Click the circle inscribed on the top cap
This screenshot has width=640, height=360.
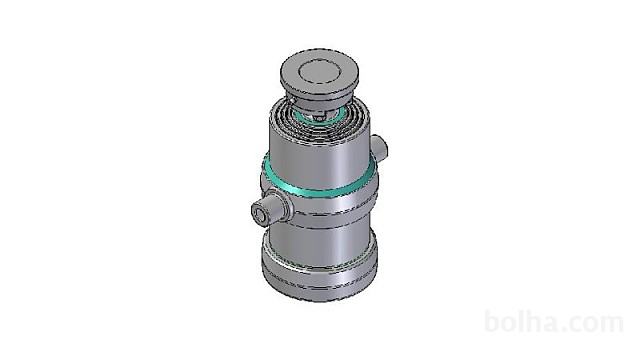point(320,73)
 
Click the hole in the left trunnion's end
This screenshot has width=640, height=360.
point(258,214)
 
